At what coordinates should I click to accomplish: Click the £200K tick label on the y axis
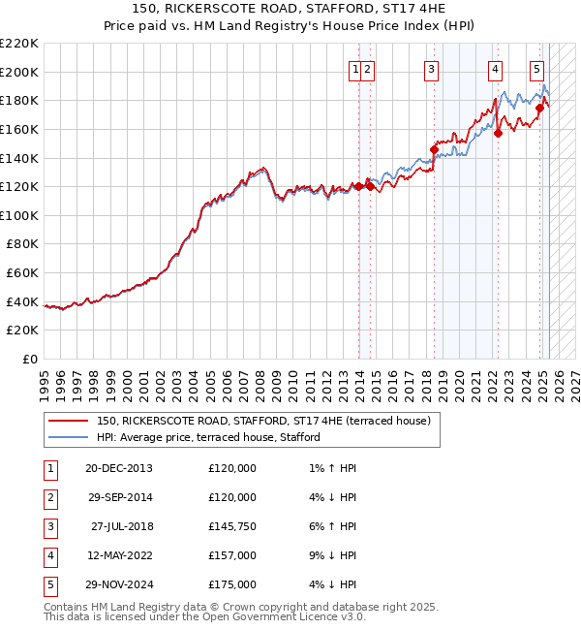point(19,72)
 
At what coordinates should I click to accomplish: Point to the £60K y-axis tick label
point(22,273)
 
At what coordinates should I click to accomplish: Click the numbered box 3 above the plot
point(431,69)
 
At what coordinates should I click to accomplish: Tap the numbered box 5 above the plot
point(536,69)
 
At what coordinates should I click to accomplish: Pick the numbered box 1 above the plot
point(356,69)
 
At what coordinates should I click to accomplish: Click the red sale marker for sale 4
point(498,134)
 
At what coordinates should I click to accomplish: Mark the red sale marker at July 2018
point(434,149)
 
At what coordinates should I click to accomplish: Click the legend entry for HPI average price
point(213,437)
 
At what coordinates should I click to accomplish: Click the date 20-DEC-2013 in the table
point(119,468)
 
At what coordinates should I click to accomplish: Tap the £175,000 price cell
point(232,584)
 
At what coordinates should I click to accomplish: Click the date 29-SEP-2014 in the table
point(119,497)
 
